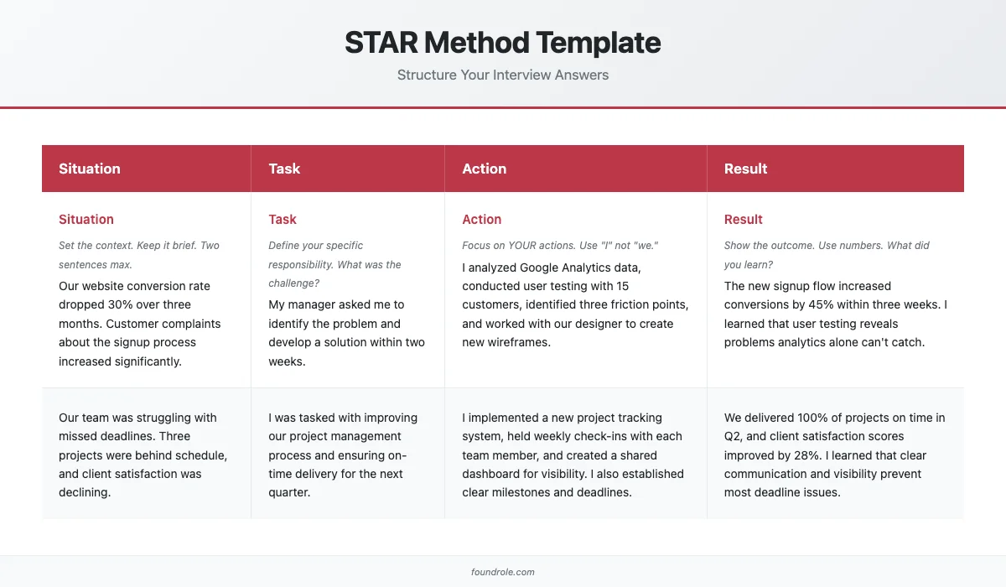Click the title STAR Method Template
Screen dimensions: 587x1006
click(503, 43)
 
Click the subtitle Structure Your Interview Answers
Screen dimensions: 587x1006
click(503, 75)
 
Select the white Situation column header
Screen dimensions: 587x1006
click(90, 169)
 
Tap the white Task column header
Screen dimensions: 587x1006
click(284, 169)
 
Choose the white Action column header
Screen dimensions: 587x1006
click(485, 169)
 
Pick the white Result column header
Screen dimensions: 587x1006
click(745, 169)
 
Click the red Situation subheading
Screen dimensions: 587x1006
click(86, 220)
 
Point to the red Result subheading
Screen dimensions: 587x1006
click(743, 220)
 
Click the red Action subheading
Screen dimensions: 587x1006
click(482, 220)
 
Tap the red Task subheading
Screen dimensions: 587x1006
click(283, 220)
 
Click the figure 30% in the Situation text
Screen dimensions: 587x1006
click(124, 305)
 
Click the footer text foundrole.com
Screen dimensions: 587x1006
click(503, 572)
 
